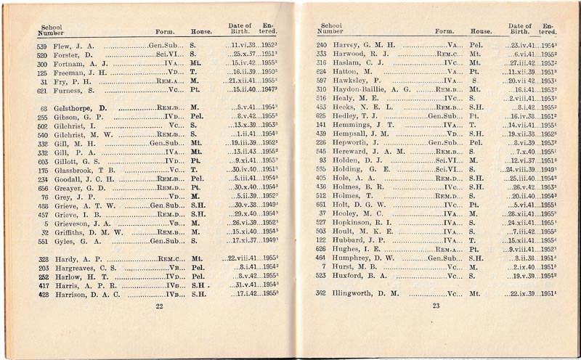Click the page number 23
tap(436, 306)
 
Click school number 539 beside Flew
tap(42, 45)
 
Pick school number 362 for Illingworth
tap(320, 293)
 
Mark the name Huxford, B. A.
tap(356, 276)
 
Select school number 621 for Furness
tap(42, 91)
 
